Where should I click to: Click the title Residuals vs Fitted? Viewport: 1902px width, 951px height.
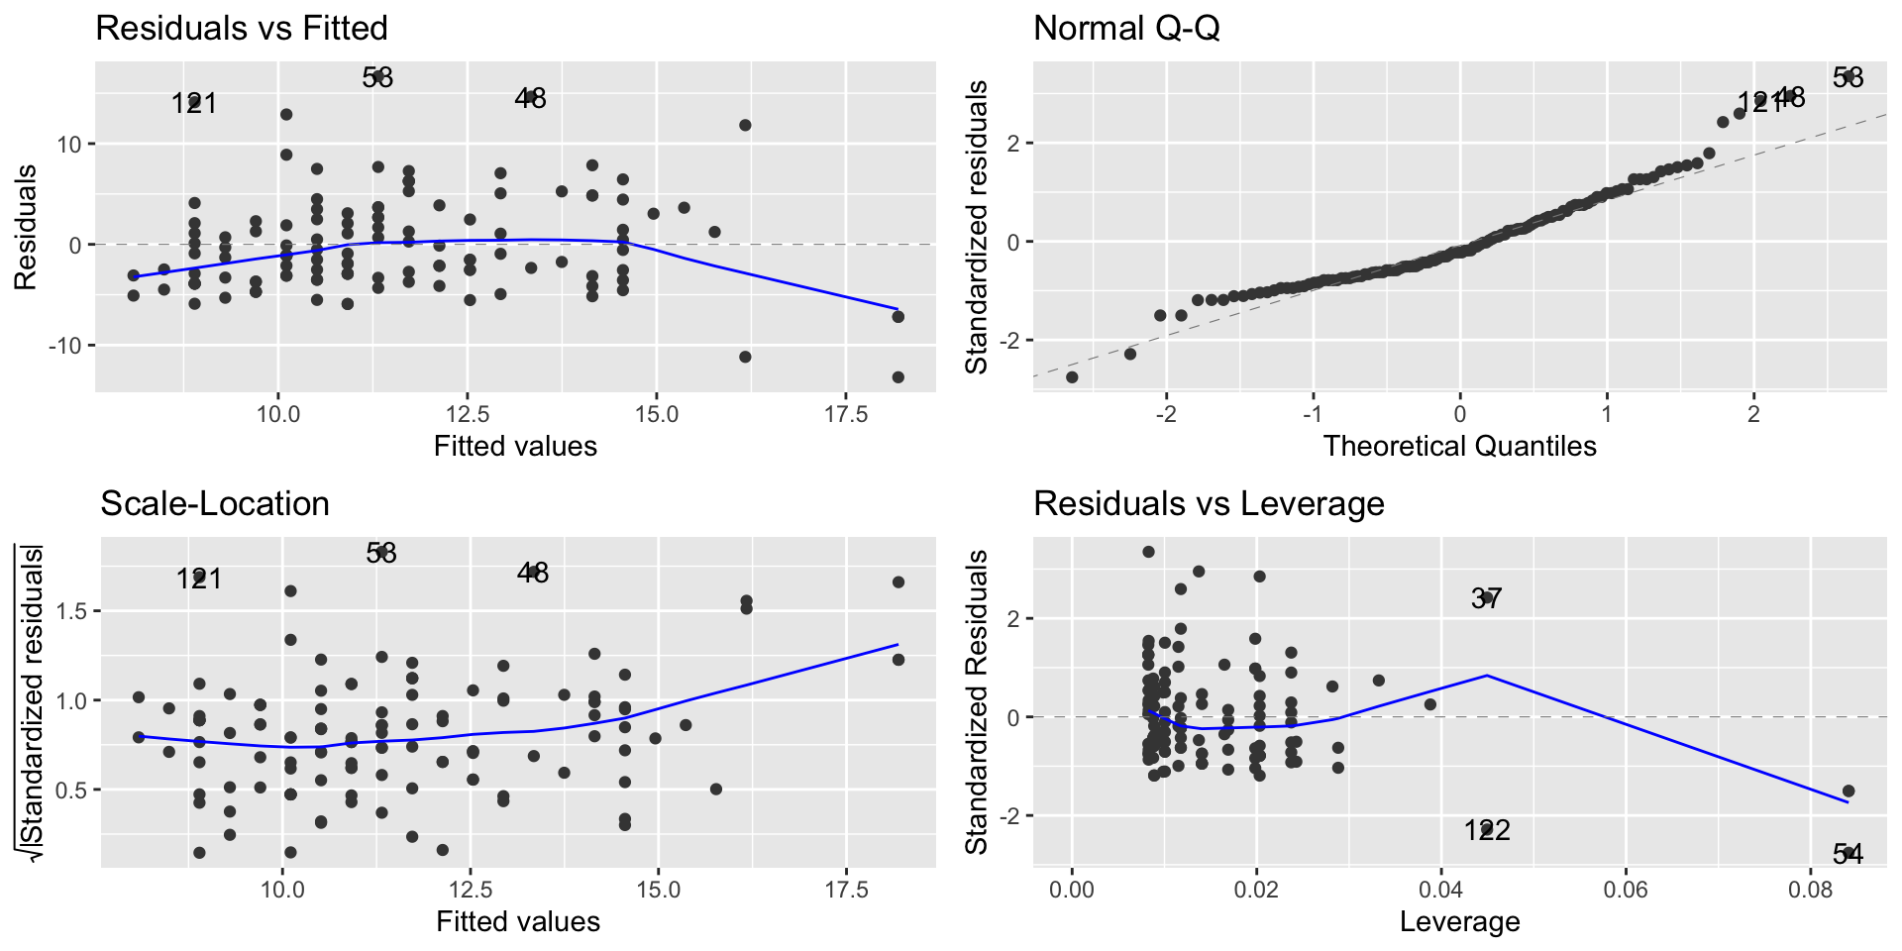click(242, 28)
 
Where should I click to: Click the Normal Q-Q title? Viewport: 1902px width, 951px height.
click(1126, 28)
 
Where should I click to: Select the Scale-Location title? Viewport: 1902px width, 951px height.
click(215, 503)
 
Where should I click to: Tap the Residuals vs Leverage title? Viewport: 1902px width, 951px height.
click(1209, 503)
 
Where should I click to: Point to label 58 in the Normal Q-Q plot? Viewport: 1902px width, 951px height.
click(1848, 77)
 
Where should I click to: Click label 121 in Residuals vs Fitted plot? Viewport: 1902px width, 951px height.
click(194, 103)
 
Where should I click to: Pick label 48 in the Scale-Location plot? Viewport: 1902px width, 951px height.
click(533, 573)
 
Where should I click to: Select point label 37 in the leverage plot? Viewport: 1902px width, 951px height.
click(1486, 598)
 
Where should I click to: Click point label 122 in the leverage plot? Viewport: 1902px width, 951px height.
click(1487, 830)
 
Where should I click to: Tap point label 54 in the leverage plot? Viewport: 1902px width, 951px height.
click(1848, 854)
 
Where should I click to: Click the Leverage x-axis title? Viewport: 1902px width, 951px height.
click(1459, 922)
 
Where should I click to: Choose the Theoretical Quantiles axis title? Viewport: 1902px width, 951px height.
click(1459, 446)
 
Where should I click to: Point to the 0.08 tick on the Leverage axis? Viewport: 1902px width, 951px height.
click(1810, 890)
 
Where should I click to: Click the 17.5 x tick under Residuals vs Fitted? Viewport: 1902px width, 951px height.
click(846, 414)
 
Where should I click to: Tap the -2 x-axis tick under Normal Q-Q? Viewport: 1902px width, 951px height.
click(1166, 414)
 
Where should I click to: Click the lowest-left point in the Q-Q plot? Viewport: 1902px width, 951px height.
click(1071, 377)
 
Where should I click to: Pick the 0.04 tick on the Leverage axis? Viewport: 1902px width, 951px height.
click(1440, 890)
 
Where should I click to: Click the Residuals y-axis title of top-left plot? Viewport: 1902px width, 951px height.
click(26, 227)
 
